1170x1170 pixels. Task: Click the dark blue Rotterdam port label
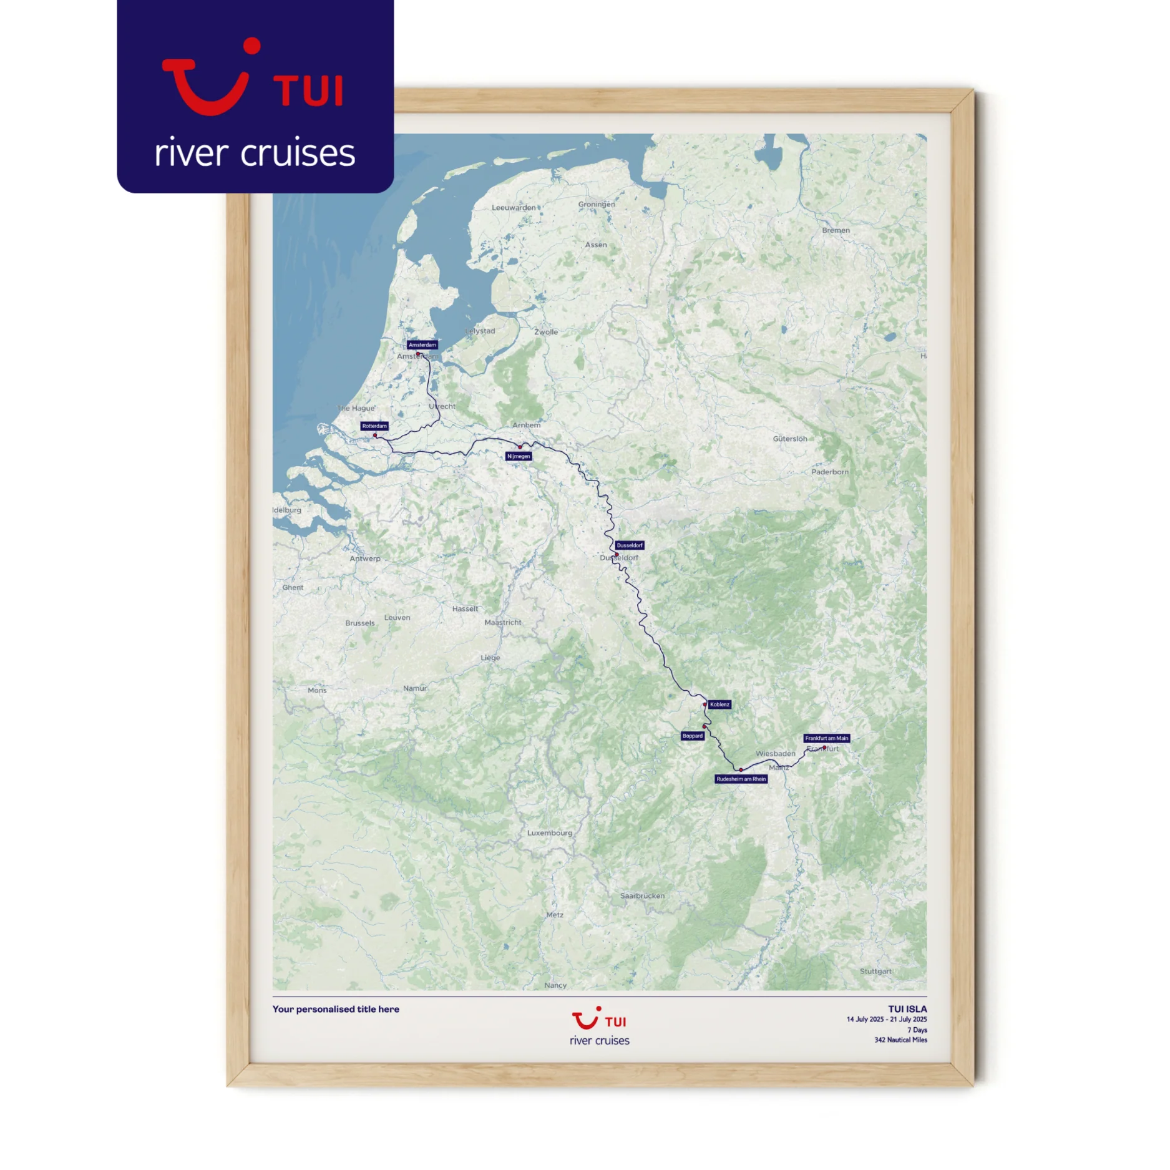(374, 426)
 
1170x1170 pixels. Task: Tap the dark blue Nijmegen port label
(519, 456)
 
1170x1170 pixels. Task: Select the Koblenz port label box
(719, 704)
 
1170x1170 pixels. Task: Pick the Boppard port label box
(693, 736)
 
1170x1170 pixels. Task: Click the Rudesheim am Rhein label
(741, 779)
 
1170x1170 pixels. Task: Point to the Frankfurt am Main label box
(826, 738)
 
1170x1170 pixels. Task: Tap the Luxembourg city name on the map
(549, 832)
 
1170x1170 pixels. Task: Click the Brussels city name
(360, 623)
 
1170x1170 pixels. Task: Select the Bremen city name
(836, 230)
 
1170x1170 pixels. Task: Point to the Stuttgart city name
(875, 971)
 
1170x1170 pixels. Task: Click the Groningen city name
(597, 204)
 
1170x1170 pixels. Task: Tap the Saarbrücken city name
(642, 895)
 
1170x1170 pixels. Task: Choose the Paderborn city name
(830, 472)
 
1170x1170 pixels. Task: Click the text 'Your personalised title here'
(336, 1009)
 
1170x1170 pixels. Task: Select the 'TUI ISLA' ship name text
(907, 1009)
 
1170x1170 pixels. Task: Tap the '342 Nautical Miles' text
(900, 1040)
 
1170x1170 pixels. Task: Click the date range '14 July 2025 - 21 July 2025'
(886, 1020)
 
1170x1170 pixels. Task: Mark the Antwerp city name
(365, 558)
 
